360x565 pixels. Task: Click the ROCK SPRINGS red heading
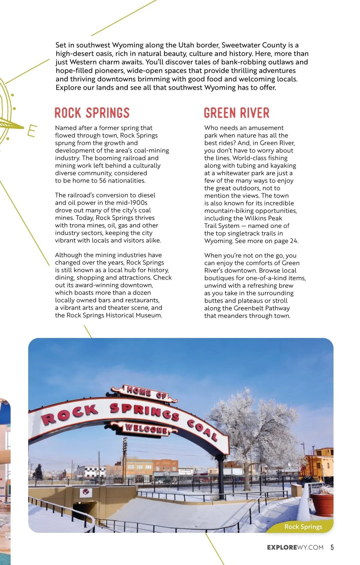(92, 113)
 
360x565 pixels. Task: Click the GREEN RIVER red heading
(237, 113)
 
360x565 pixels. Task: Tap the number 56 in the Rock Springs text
(103, 181)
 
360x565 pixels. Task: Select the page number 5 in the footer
(332, 547)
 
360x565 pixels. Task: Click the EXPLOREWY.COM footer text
(295, 547)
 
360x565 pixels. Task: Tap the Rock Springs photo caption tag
(303, 527)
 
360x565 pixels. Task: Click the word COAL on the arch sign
(203, 430)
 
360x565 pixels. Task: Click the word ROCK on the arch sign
(70, 414)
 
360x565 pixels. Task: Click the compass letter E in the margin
(31, 131)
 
